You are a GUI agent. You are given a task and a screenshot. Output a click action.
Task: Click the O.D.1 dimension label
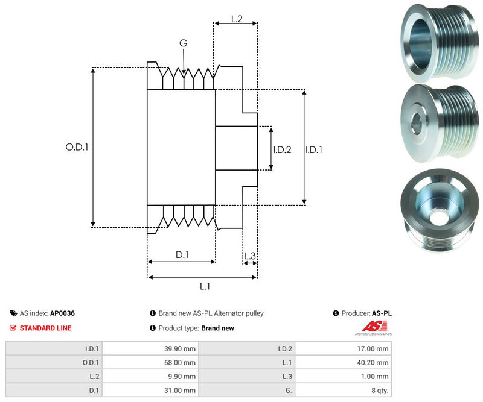tap(77, 146)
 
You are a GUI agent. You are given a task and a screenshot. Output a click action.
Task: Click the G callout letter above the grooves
tap(183, 43)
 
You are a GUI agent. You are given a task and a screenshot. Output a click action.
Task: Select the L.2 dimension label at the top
tap(237, 19)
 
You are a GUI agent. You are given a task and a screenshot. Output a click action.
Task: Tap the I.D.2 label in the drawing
tap(282, 149)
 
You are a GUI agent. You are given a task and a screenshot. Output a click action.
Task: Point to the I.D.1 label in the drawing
tap(314, 149)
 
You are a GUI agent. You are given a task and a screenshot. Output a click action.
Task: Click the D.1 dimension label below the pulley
tap(182, 255)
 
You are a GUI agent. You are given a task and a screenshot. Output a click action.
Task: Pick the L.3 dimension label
tap(250, 256)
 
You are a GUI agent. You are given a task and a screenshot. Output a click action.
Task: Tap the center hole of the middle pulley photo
tap(416, 118)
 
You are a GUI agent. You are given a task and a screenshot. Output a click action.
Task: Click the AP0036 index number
tap(63, 313)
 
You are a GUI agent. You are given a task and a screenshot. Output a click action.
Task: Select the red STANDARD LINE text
tap(45, 328)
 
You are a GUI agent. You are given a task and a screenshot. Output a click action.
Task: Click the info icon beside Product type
tap(153, 328)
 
